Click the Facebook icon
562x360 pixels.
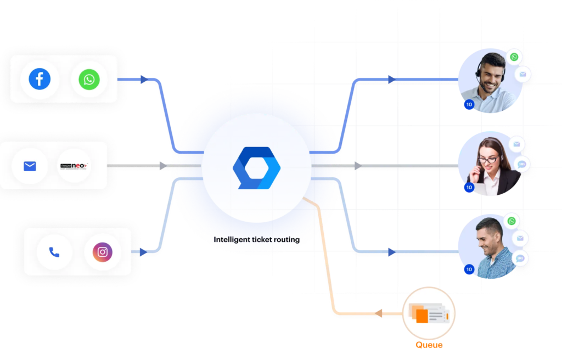(x=40, y=79)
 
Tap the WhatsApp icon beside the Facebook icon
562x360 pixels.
(x=89, y=80)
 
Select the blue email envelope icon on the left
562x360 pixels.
(x=30, y=165)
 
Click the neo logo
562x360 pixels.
(x=74, y=165)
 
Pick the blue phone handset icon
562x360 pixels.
(x=54, y=252)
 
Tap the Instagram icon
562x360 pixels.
(x=103, y=252)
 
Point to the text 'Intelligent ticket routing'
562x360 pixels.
(x=257, y=239)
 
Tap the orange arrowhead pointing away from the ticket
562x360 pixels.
(x=379, y=314)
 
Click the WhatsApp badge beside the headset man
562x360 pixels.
(x=514, y=57)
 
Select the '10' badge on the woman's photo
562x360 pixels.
(x=469, y=187)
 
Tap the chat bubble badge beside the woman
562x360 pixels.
(x=521, y=163)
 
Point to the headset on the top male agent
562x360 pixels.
(x=481, y=69)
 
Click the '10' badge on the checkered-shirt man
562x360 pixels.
(x=469, y=269)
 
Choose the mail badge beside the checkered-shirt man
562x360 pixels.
(x=520, y=238)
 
